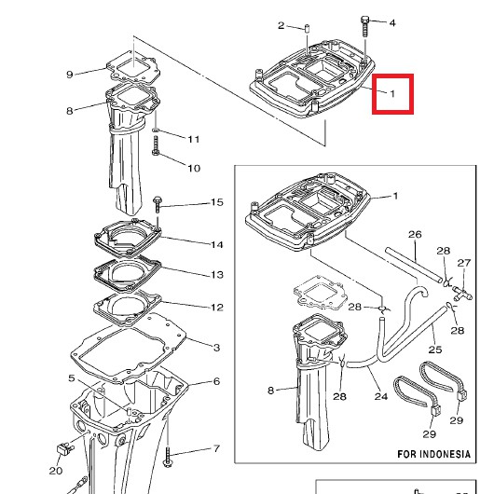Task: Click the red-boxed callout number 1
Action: (392, 93)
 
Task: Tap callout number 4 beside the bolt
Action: (392, 23)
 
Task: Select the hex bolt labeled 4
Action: (364, 26)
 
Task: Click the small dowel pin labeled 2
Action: (306, 27)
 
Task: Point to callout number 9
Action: (70, 75)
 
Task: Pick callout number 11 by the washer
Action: (194, 139)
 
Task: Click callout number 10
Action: (194, 168)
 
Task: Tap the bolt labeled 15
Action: (158, 204)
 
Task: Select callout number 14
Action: (217, 245)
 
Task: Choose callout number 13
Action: (217, 275)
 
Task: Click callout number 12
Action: (217, 308)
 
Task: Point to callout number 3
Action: (216, 348)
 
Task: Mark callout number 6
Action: (216, 381)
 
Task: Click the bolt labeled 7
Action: (167, 456)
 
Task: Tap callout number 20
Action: (56, 471)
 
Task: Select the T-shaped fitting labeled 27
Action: (462, 293)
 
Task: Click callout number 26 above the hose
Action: (415, 234)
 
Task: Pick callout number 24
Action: (381, 396)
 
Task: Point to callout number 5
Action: (72, 377)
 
